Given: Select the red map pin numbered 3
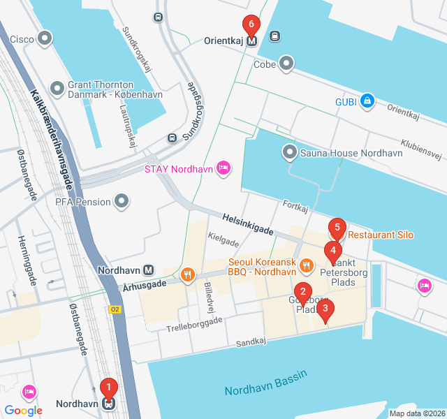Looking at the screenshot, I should [x=325, y=309].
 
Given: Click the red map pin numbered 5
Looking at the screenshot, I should [x=337, y=228].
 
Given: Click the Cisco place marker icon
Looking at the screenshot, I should [x=46, y=38].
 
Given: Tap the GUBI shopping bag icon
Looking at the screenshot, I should [x=367, y=102].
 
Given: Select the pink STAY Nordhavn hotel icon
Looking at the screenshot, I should [x=223, y=168].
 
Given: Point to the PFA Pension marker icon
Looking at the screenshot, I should [x=122, y=203].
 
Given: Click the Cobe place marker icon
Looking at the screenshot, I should [x=286, y=64].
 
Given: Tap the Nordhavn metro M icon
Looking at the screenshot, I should [x=148, y=270].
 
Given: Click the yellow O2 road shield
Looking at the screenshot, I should [x=115, y=308].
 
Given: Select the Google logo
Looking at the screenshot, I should [x=24, y=411].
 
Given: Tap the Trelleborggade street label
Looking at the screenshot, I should [x=194, y=324].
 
